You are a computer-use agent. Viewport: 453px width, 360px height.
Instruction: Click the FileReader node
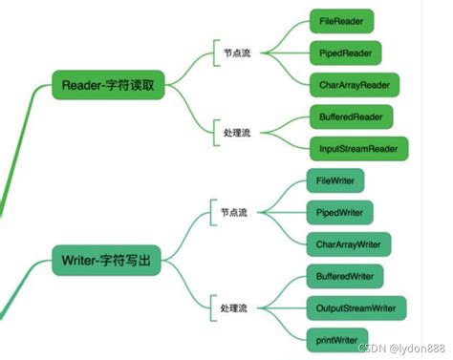tap(341, 20)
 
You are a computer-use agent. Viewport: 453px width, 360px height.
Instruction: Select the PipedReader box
tap(345, 52)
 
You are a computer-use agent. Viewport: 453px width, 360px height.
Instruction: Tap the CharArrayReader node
tap(352, 84)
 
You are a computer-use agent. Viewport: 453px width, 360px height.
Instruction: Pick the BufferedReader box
tap(349, 117)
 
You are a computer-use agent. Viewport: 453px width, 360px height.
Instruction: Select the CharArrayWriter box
tap(347, 244)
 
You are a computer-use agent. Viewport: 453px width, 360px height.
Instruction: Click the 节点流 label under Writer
tap(233, 212)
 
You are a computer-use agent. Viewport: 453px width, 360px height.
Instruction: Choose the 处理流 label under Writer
tap(233, 308)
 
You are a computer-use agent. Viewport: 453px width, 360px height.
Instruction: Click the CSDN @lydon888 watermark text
tap(405, 349)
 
